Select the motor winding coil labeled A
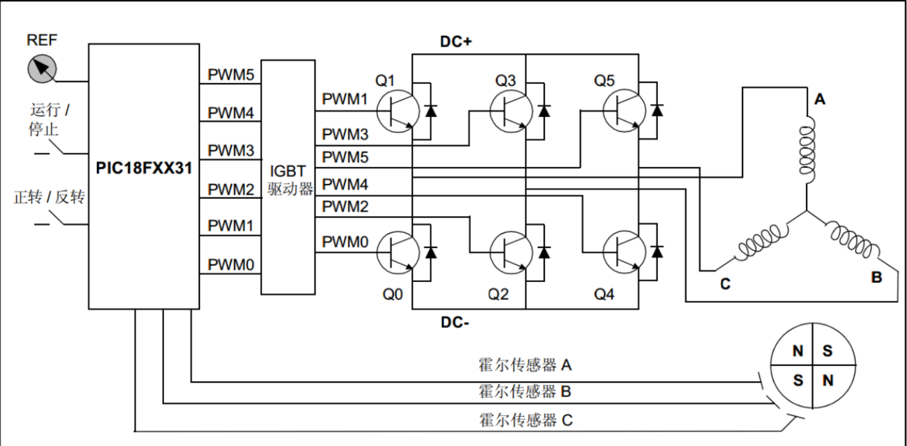point(806,149)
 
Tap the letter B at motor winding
point(876,278)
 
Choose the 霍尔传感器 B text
point(524,391)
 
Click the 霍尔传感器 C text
point(525,420)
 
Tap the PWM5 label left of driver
point(230,75)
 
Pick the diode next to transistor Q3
point(544,110)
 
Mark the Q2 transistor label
point(498,294)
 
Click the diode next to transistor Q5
point(657,110)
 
